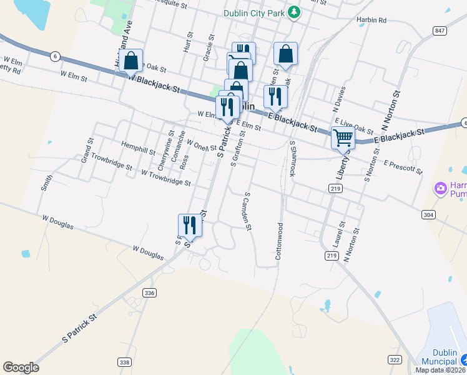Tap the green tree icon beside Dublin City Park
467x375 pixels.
tap(294, 12)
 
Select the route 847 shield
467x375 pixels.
tap(440, 31)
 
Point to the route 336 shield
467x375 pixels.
tap(149, 292)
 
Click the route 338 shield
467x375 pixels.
tap(124, 362)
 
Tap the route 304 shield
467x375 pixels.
tap(428, 214)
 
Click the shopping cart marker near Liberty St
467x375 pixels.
tap(343, 137)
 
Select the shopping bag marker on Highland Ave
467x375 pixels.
tap(131, 61)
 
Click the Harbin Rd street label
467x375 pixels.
tap(371, 21)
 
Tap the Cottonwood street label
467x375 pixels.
tap(279, 241)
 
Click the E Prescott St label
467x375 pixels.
tap(404, 167)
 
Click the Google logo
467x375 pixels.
tap(21, 367)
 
